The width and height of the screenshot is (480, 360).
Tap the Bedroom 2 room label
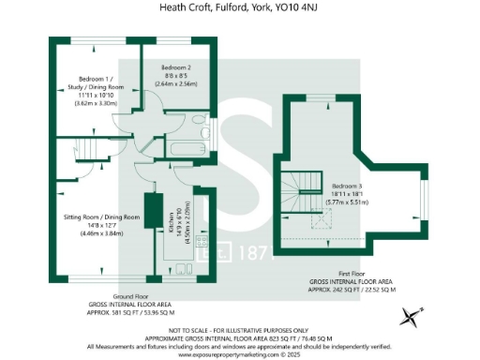(x=175, y=68)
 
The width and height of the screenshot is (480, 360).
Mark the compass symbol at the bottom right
(x=410, y=317)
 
